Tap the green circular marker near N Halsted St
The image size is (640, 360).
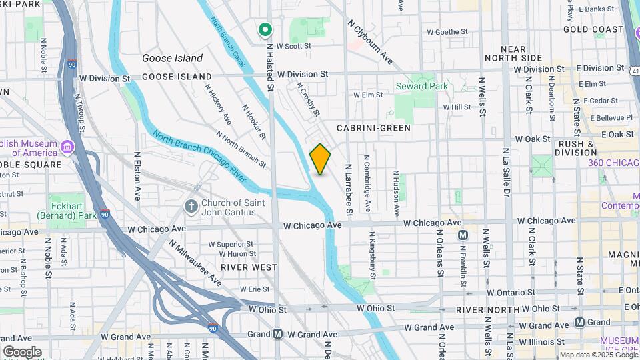(x=265, y=29)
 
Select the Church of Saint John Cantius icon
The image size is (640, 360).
(x=191, y=207)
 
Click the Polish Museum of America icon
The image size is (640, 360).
(x=67, y=147)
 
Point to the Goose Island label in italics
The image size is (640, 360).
(x=172, y=58)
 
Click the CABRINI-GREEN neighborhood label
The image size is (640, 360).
(x=373, y=127)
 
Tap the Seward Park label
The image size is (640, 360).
(x=421, y=87)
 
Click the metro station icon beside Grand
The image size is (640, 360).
(x=579, y=322)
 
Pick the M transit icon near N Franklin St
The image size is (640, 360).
(x=463, y=235)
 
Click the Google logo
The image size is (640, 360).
(x=22, y=351)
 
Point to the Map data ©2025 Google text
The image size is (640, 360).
(x=598, y=355)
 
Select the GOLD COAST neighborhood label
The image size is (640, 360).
(x=593, y=29)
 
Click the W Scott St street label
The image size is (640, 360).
(x=294, y=46)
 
